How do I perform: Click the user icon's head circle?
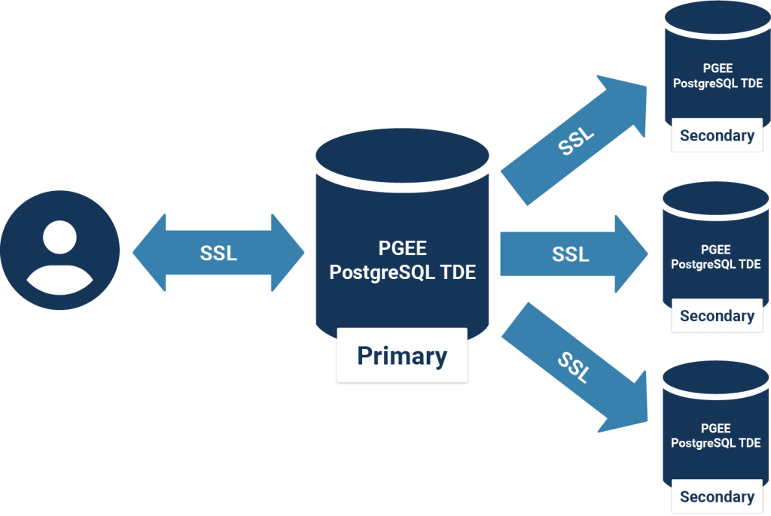pyautogui.click(x=59, y=236)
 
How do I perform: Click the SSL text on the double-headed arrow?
pyautogui.click(x=218, y=253)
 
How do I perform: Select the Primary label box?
pyautogui.click(x=402, y=355)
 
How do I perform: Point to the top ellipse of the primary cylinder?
pyautogui.click(x=403, y=154)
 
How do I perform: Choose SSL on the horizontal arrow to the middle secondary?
pyautogui.click(x=570, y=254)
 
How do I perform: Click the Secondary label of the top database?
pyautogui.click(x=717, y=135)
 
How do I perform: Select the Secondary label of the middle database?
pyautogui.click(x=717, y=316)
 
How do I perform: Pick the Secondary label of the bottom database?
pyautogui.click(x=717, y=496)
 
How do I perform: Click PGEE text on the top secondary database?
pyautogui.click(x=717, y=68)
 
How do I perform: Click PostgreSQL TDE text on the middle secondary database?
pyautogui.click(x=716, y=264)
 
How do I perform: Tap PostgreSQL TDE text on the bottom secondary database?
pyautogui.click(x=716, y=443)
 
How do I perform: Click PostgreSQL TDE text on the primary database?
pyautogui.click(x=403, y=272)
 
